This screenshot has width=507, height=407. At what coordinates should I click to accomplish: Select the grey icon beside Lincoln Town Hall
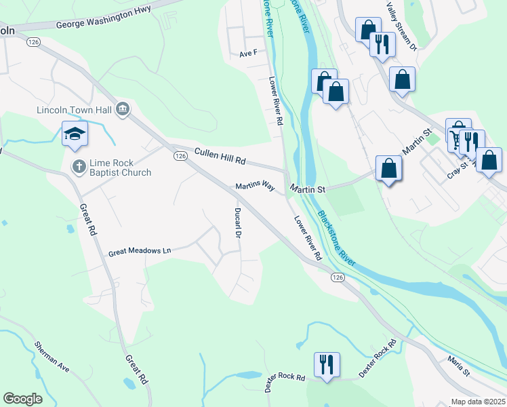coord(123,109)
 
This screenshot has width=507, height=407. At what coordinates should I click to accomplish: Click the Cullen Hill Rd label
coord(220,156)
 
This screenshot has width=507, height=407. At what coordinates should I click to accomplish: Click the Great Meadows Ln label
coord(140,252)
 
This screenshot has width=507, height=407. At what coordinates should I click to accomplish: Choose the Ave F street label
coord(249,53)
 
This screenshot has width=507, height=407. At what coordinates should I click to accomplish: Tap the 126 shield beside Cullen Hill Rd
coord(180,156)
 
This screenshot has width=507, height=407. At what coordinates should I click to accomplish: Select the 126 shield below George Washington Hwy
coord(33,42)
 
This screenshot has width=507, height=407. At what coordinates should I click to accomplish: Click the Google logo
coord(22,399)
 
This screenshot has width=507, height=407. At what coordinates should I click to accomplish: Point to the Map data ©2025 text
coord(477,402)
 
